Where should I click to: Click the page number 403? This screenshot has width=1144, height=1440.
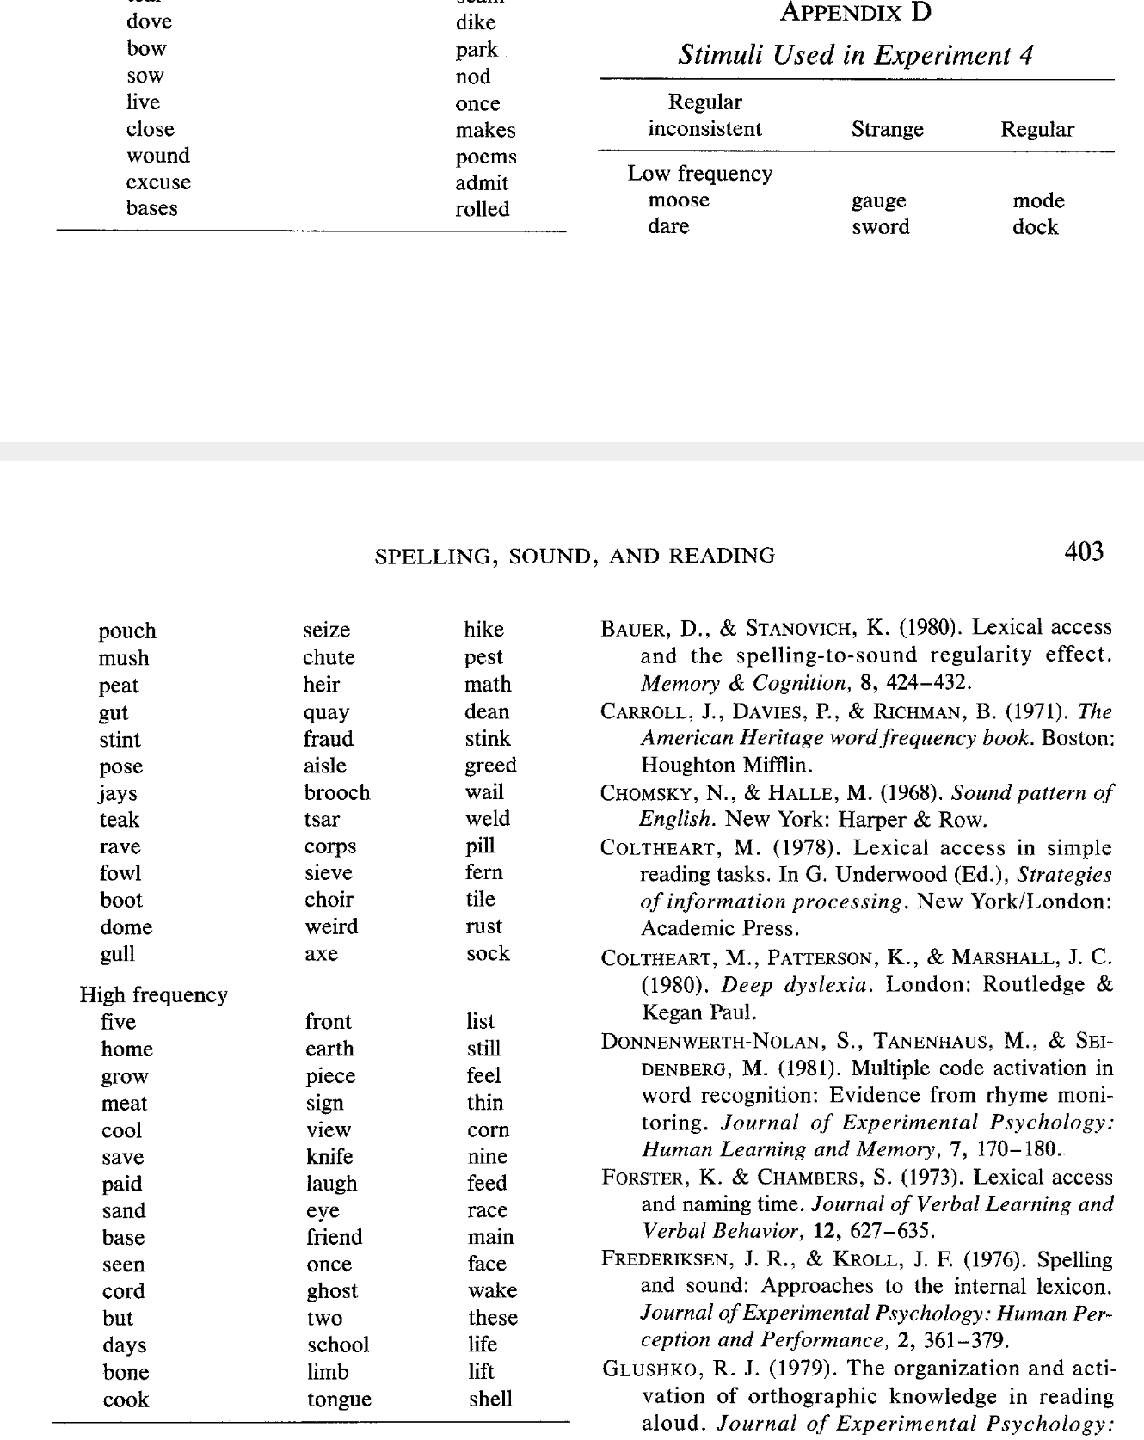click(x=1084, y=551)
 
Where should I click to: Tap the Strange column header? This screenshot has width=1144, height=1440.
click(x=887, y=130)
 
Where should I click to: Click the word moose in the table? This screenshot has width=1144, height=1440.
click(x=679, y=200)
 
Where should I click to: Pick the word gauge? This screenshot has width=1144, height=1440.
click(x=878, y=201)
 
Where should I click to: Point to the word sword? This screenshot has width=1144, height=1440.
click(x=880, y=227)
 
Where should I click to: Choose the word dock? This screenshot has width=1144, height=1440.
click(x=1035, y=227)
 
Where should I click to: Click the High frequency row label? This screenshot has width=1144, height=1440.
click(x=154, y=995)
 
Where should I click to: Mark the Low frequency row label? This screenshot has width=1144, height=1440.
click(x=700, y=174)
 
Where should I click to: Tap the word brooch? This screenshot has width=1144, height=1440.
click(x=336, y=793)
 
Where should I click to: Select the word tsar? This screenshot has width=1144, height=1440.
click(x=322, y=820)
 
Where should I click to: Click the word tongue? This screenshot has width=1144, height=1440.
click(x=339, y=1400)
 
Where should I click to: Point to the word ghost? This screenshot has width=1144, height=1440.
click(x=332, y=1291)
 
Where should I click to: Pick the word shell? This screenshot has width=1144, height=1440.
click(x=490, y=1399)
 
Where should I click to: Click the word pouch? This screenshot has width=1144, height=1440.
click(x=127, y=631)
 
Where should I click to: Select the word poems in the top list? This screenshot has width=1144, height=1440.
click(x=486, y=157)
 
